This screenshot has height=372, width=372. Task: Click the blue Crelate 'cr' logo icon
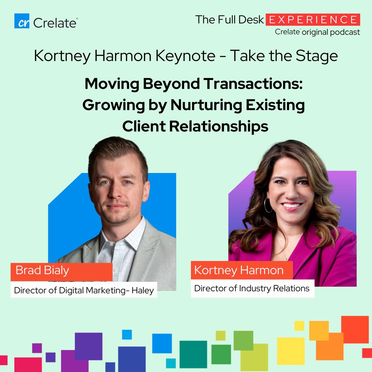[x=22, y=21]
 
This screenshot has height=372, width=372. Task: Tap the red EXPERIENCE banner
[x=313, y=19]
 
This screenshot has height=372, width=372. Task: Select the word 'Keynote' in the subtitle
[x=185, y=56]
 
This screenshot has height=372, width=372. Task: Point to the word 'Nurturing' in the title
[x=206, y=105]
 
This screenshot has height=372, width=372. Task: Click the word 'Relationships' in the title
[x=218, y=126]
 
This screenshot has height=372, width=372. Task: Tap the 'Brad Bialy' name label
[x=61, y=272]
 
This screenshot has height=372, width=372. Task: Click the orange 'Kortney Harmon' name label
[x=242, y=270]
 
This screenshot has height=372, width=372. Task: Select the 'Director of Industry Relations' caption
[x=252, y=288]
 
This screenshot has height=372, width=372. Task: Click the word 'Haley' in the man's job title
[x=143, y=290]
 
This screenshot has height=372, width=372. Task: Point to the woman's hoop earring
[x=268, y=205]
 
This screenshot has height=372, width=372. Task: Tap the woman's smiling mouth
[x=292, y=206]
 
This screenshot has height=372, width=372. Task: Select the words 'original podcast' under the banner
[x=331, y=32]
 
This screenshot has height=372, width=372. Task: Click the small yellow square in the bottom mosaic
[x=299, y=326]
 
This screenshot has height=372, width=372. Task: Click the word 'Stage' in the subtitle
[x=316, y=56]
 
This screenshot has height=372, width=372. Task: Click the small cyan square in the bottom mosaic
[x=171, y=363]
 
